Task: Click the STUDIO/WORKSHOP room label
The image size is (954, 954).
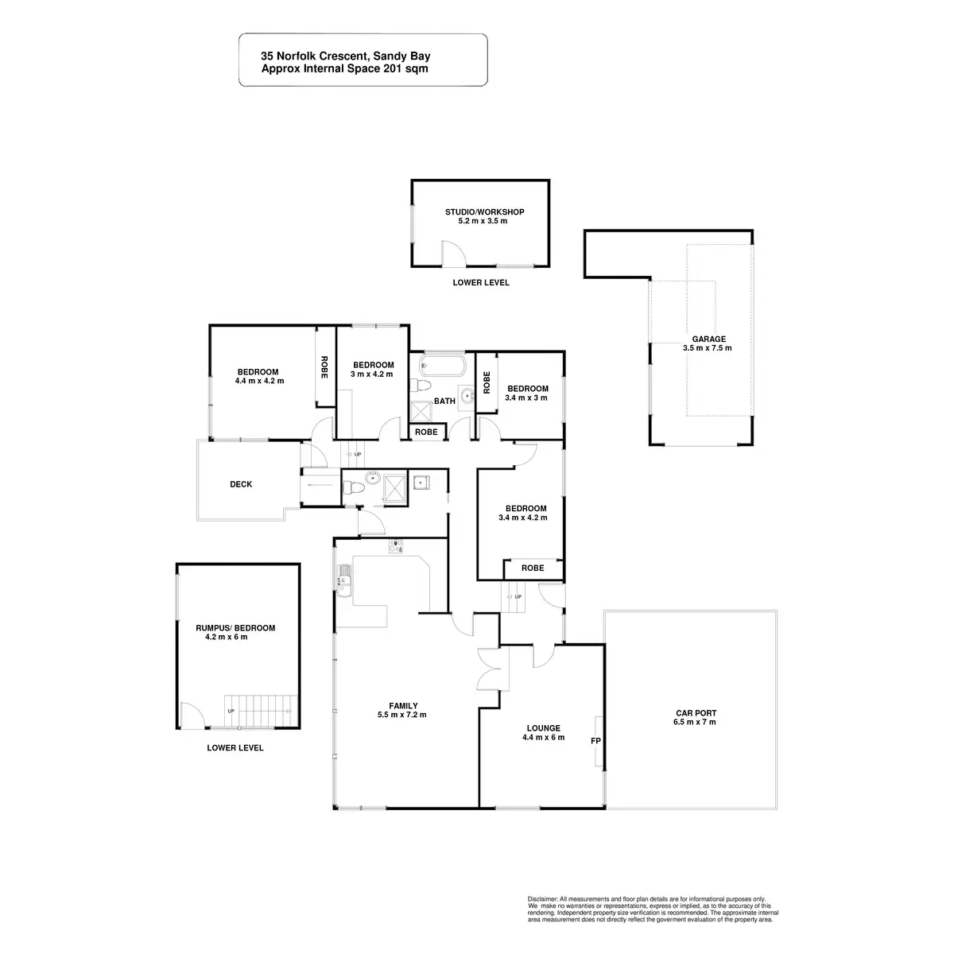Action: pos(484,211)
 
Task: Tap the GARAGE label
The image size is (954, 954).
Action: pos(707,339)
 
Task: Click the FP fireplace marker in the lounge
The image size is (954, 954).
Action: pos(595,741)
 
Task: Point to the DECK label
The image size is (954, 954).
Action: pos(241,484)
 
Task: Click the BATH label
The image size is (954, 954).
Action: pos(444,401)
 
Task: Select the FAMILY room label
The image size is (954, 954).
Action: pos(403,705)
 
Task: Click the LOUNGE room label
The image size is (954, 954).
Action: pos(544,727)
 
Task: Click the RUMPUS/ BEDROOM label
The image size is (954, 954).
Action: pos(235,628)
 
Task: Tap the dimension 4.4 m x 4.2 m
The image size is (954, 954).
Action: pos(259,381)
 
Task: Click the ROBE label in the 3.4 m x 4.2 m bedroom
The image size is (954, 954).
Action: pos(533,568)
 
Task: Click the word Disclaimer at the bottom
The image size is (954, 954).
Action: pos(543,897)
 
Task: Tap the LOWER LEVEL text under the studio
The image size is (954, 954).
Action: pos(481,283)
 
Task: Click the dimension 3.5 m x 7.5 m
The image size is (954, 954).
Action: pos(707,348)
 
